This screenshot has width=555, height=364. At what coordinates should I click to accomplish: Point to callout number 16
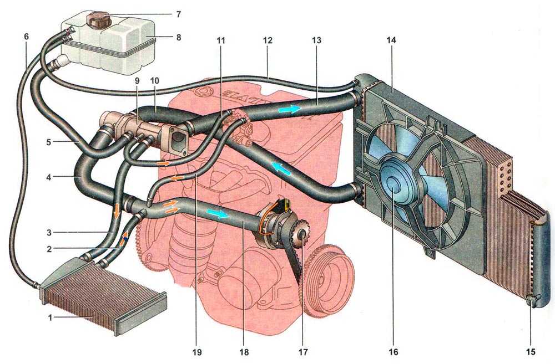tap(395, 351)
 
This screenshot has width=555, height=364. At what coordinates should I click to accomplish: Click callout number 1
tap(49, 317)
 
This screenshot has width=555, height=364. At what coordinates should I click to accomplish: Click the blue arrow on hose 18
tap(217, 214)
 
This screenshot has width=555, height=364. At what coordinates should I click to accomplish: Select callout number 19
tap(198, 351)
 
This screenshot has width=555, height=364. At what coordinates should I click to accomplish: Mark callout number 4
tap(51, 178)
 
